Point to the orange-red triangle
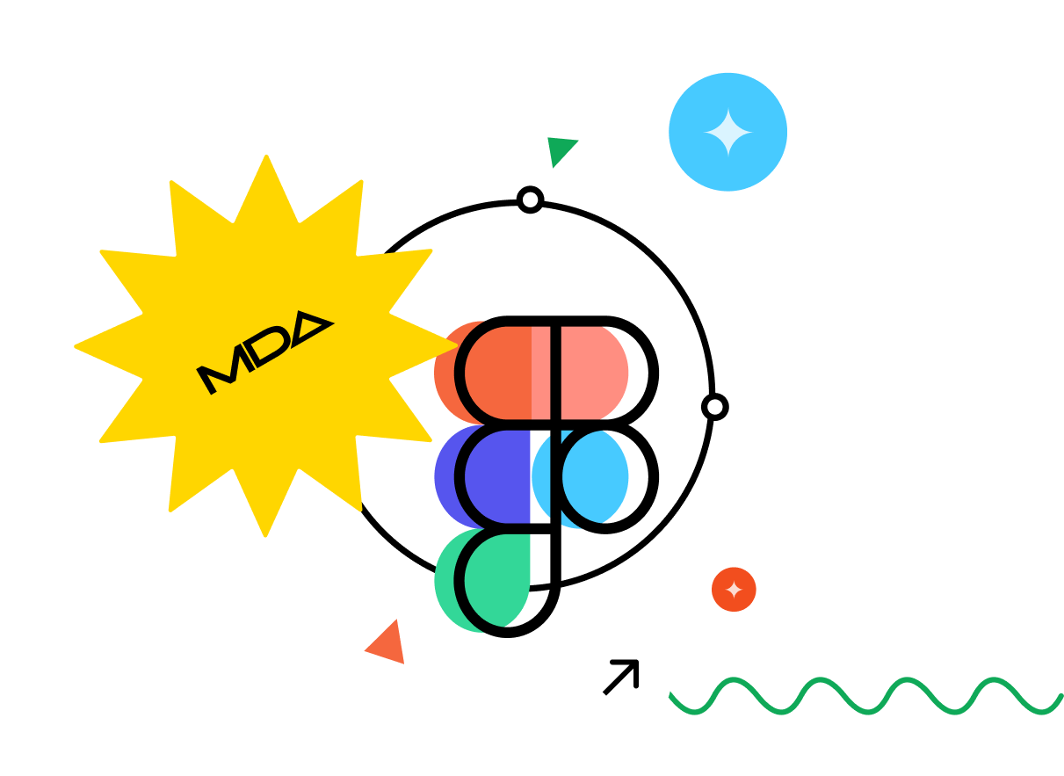click(387, 644)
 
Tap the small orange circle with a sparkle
click(734, 589)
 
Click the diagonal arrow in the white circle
click(620, 678)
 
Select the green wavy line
click(865, 695)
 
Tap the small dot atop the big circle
click(530, 201)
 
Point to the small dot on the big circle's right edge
click(714, 407)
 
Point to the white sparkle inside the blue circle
click(728, 132)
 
